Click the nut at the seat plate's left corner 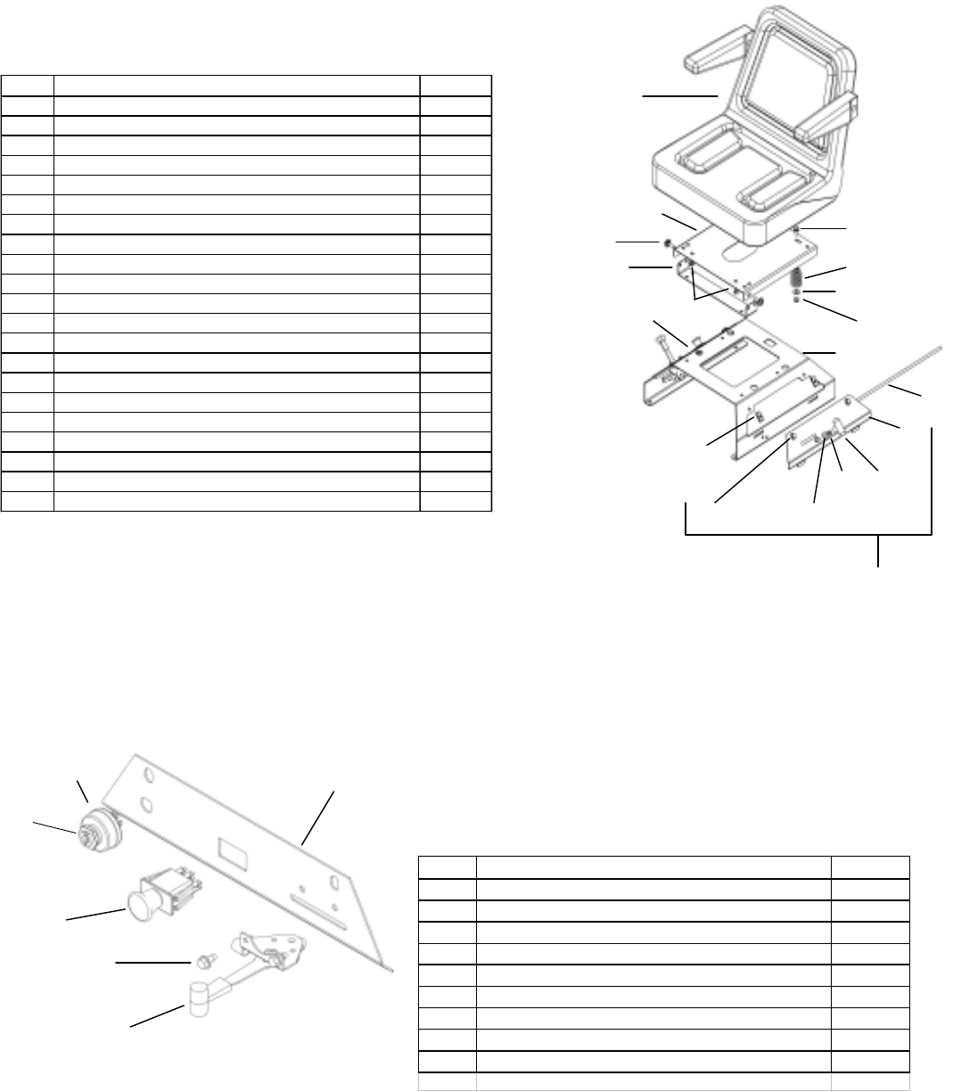[x=667, y=242]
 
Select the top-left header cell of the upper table [x=28, y=86]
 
